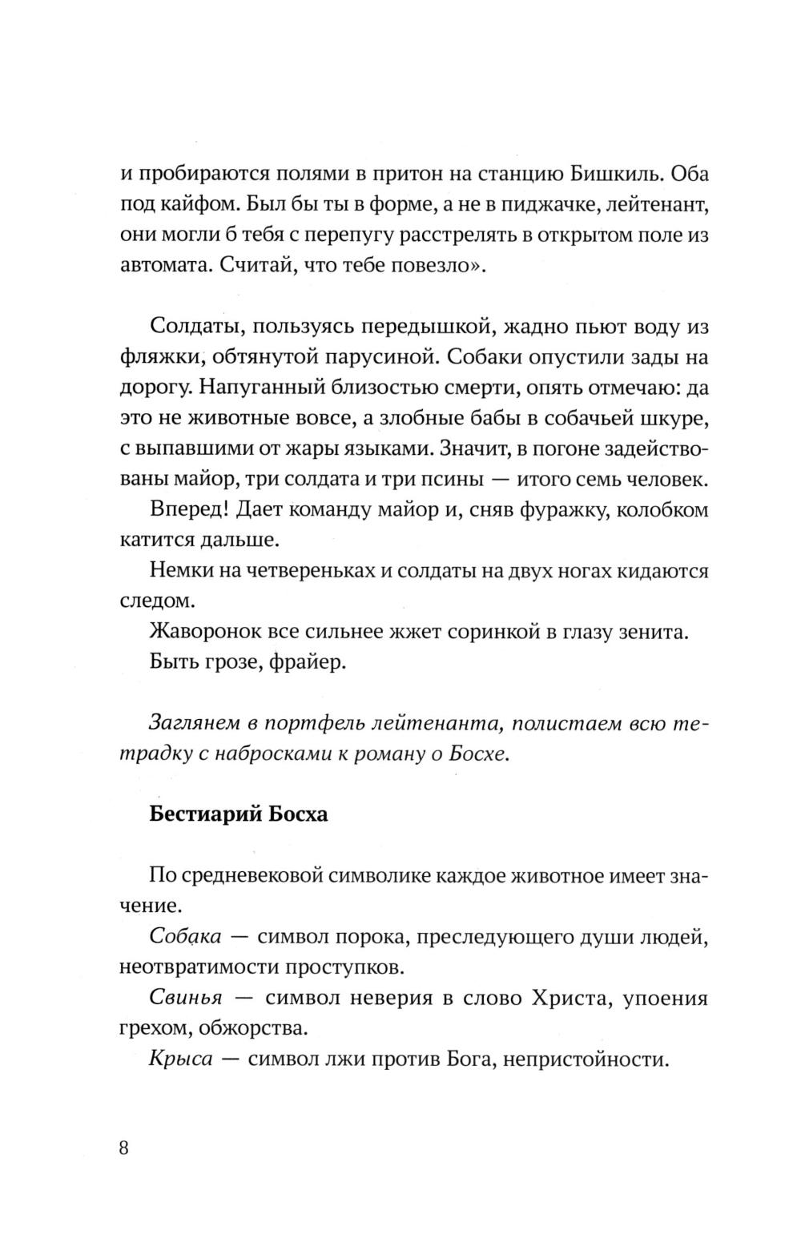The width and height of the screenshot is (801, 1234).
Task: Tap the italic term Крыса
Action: click(x=180, y=1059)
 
